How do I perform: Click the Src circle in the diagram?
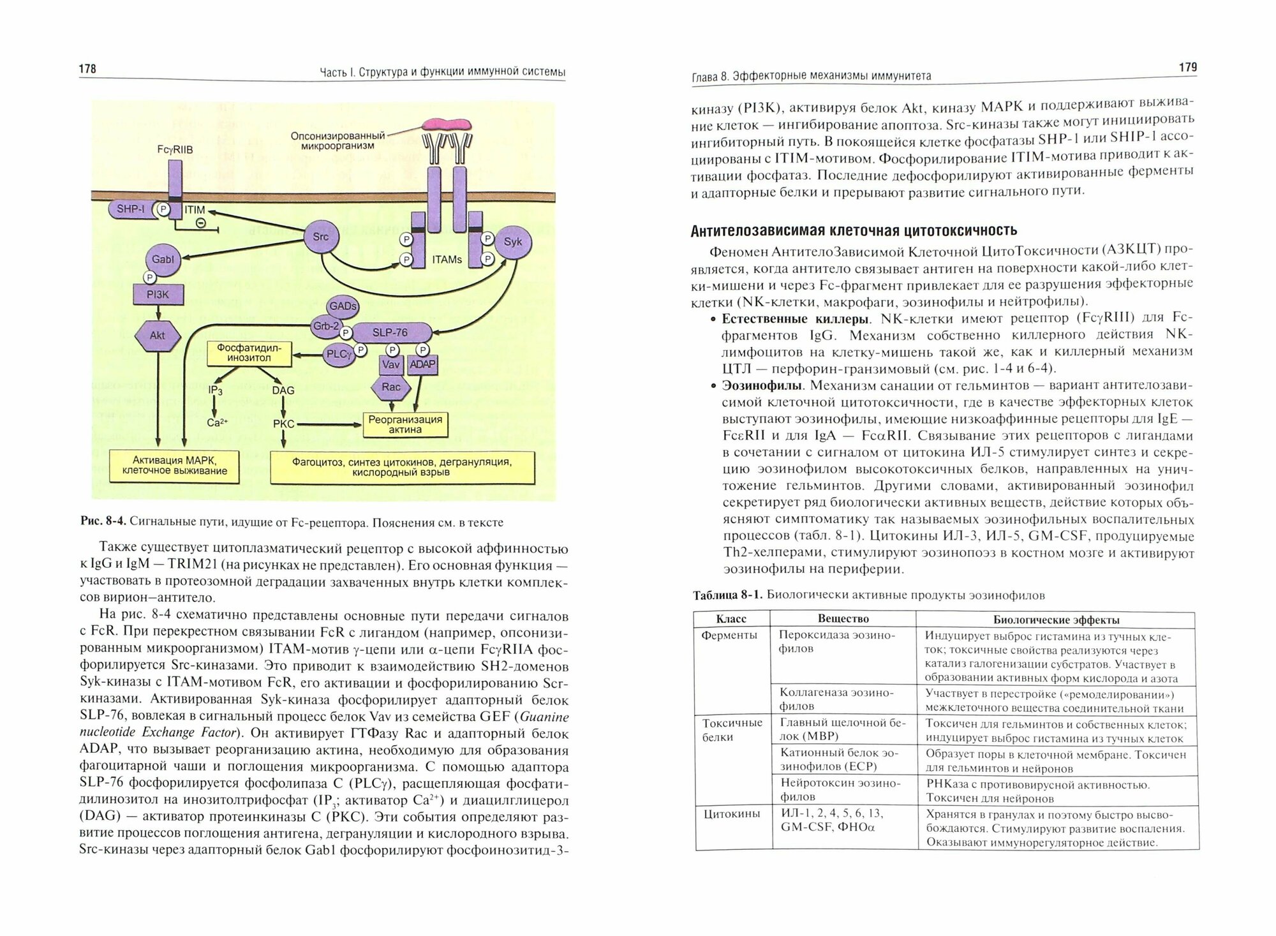[320, 237]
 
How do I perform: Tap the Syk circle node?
[512, 242]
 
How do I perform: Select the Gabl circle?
[163, 260]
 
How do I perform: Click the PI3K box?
[158, 295]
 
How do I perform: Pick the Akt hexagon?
[157, 336]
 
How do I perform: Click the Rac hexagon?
[390, 387]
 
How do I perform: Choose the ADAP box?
[422, 364]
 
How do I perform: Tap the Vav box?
[390, 364]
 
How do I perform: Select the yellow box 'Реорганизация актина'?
[405, 424]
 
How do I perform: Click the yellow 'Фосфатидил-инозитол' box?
[249, 353]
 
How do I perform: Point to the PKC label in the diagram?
[283, 424]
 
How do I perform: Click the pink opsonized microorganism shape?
[446, 124]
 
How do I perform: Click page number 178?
[87, 68]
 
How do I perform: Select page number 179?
[1187, 67]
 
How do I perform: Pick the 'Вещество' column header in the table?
[843, 618]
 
